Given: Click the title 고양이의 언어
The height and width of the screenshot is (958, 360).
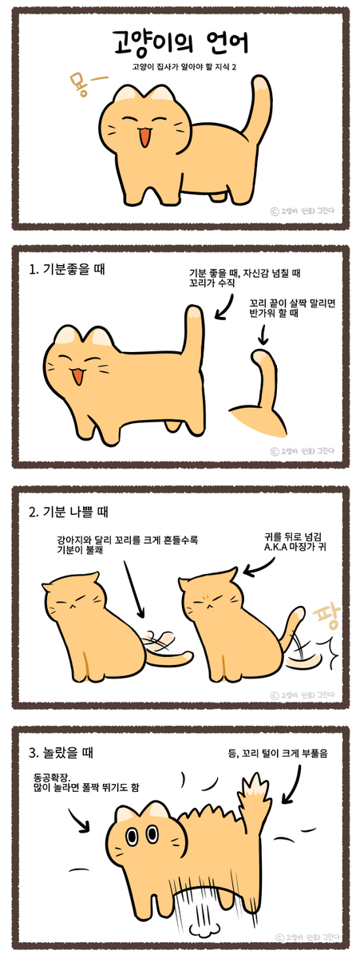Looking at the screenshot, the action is (x=180, y=43).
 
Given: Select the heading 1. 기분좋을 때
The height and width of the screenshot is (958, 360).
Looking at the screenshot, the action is (x=67, y=270).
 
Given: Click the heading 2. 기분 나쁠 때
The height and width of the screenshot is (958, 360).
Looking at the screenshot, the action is (x=69, y=512).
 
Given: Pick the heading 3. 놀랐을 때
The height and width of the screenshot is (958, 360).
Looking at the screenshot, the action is (x=61, y=752).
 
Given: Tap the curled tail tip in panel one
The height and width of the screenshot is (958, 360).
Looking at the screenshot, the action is (x=259, y=354).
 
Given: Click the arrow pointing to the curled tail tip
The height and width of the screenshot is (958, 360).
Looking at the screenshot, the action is (x=263, y=334).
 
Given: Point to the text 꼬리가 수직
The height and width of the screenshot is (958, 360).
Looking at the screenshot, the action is (x=212, y=283).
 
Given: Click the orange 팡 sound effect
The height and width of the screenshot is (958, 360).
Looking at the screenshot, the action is (x=326, y=619).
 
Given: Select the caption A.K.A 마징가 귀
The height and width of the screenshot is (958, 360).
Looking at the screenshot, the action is (x=295, y=547).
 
